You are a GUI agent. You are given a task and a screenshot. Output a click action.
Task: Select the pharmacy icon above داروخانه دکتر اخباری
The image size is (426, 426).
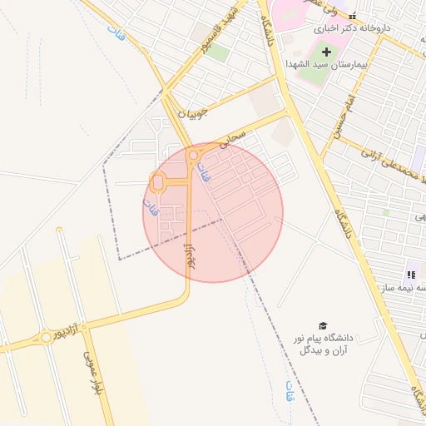(353, 15)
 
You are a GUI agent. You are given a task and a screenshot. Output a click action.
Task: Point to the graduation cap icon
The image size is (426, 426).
(322, 325)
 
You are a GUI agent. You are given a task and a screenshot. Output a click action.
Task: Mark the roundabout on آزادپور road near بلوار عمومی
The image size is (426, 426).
(45, 338)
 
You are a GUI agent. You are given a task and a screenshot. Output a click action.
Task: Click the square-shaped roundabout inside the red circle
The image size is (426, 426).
(157, 181)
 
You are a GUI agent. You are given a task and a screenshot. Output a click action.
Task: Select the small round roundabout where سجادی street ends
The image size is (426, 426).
(193, 155)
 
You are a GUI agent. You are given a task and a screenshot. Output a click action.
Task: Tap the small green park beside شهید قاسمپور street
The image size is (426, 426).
(218, 52)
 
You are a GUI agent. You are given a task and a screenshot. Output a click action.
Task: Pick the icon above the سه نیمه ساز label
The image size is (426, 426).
(410, 274)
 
